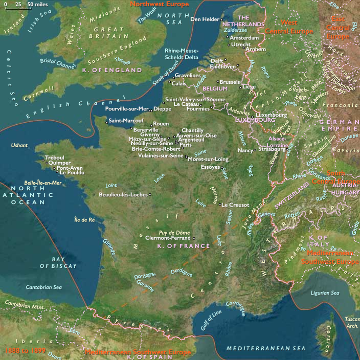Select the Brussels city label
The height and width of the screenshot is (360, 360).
[230, 82]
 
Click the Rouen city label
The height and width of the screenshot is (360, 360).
[161, 124]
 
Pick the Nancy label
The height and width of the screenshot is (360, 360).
[245, 150]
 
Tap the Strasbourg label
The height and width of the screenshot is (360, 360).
[272, 149]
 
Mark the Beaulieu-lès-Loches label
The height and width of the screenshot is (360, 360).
[123, 195]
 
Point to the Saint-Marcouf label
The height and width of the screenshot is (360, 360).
[122, 121]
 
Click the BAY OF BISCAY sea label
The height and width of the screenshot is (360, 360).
[58, 263]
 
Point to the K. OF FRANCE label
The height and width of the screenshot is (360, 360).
[184, 246]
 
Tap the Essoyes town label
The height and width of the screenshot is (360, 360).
[211, 167]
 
